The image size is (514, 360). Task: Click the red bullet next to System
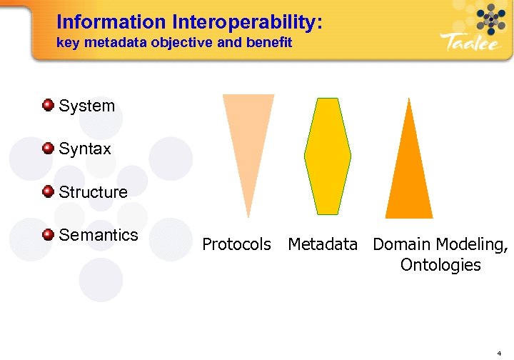click(x=49, y=106)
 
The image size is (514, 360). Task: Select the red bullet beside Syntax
click(x=49, y=149)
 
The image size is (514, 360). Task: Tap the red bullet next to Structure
click(x=49, y=191)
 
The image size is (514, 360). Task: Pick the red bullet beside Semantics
click(x=49, y=234)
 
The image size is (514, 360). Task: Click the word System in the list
click(x=86, y=106)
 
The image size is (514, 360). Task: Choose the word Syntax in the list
click(x=85, y=149)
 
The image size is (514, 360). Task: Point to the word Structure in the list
click(x=93, y=192)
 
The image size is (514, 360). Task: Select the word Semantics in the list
click(x=99, y=235)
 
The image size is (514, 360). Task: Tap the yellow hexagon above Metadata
click(x=328, y=156)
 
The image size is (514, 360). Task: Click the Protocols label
click(x=236, y=244)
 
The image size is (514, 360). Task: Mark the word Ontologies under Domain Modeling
click(x=440, y=266)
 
